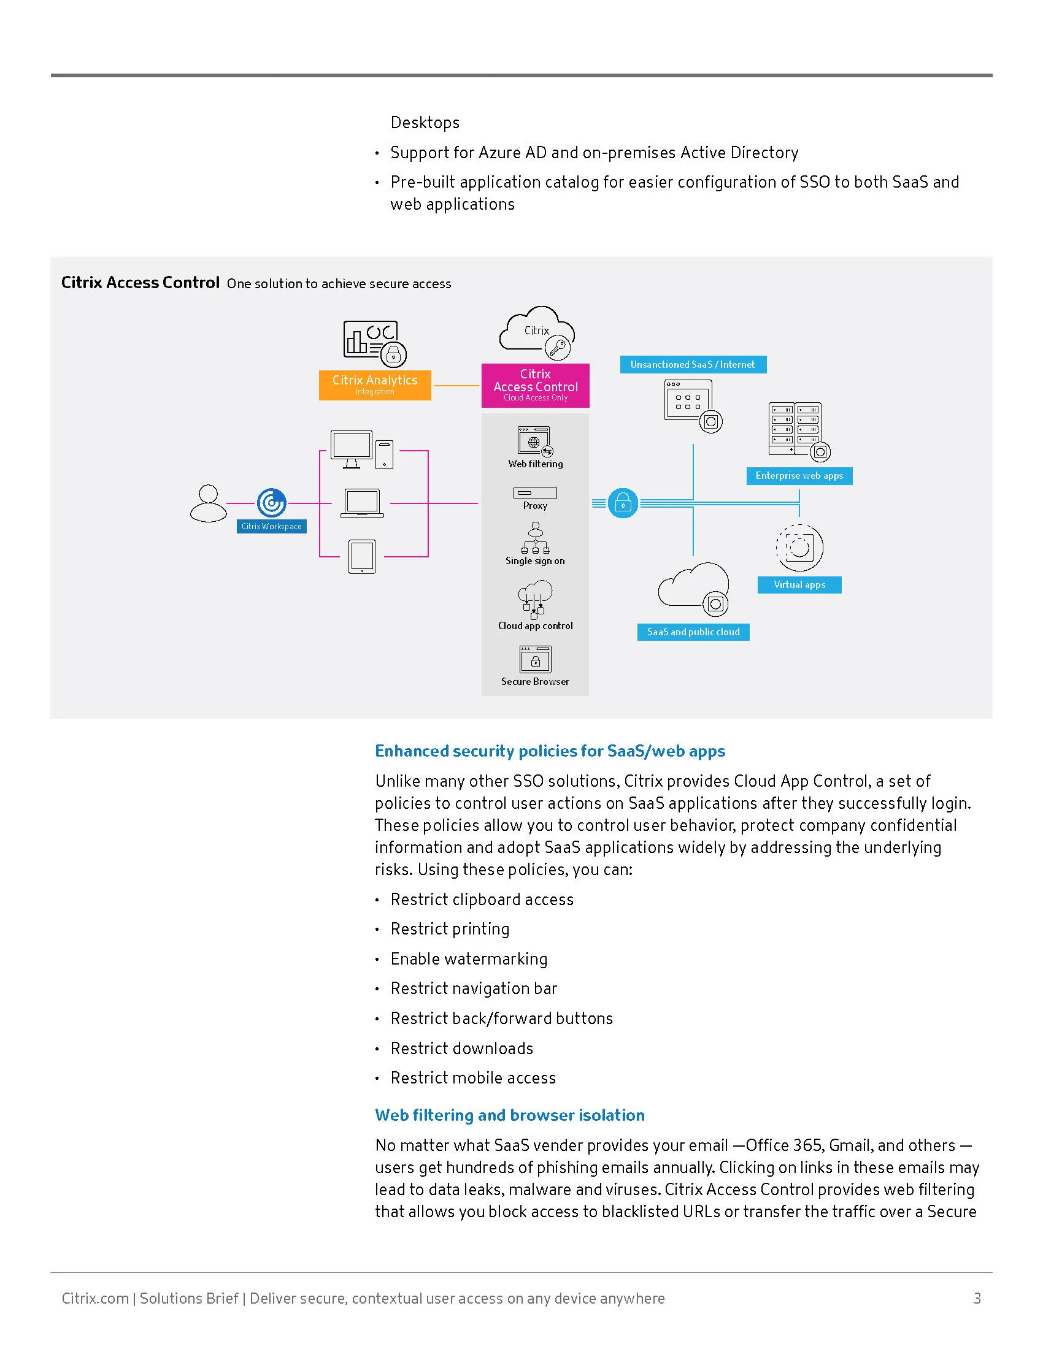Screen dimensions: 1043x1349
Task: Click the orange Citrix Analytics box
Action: (x=374, y=385)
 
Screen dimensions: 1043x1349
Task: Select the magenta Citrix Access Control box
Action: (x=535, y=386)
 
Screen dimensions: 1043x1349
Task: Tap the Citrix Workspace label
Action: (x=271, y=526)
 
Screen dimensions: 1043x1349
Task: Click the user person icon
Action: (x=208, y=503)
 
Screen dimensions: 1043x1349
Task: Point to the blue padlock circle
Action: (x=623, y=503)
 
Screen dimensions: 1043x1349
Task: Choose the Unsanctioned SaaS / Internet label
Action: (x=693, y=364)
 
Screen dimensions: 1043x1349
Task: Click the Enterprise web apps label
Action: (x=799, y=476)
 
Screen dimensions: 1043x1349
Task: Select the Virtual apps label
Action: (x=799, y=584)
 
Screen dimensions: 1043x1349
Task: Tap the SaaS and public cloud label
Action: (x=693, y=632)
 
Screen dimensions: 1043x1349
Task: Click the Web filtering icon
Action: (x=535, y=441)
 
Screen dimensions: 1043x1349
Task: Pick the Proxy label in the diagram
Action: (x=535, y=505)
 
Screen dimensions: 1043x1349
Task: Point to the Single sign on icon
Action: (x=536, y=538)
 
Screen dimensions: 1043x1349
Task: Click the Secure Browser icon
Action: (x=535, y=659)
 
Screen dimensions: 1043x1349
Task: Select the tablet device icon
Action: (x=361, y=557)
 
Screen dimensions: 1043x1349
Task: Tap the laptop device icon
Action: (x=362, y=503)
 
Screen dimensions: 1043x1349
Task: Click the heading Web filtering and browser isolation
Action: (x=510, y=1115)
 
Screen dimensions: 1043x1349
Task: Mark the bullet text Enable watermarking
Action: (x=469, y=958)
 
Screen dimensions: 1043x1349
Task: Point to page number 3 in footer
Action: (x=977, y=1298)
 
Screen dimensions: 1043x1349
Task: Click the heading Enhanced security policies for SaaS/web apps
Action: (x=550, y=751)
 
